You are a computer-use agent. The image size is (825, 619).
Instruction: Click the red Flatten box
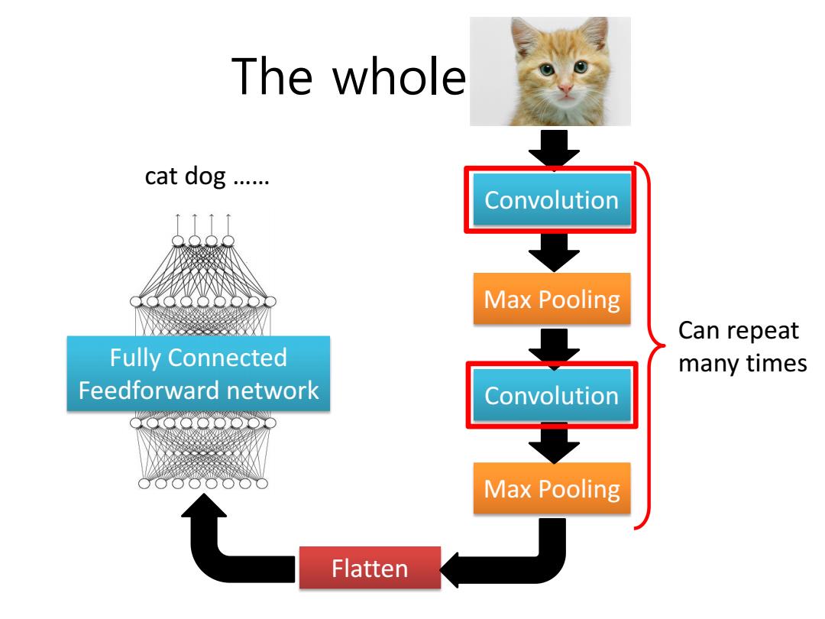370,568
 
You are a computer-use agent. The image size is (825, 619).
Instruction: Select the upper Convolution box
552,200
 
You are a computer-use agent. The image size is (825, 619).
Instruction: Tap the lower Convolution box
552,395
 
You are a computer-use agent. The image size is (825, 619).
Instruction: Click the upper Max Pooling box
552,299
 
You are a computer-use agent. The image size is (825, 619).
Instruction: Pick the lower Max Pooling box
552,488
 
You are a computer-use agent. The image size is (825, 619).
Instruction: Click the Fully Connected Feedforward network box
199,374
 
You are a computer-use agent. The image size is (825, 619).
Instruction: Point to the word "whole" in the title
400,77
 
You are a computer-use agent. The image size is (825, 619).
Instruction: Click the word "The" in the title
272,76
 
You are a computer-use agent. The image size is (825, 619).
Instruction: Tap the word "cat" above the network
161,177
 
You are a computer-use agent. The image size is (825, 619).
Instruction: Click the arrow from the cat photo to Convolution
554,148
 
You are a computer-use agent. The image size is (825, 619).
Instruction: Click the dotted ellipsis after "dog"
251,182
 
